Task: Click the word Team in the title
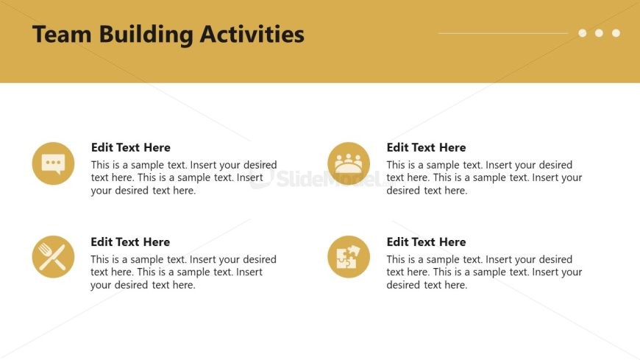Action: click(x=62, y=34)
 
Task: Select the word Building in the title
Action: click(x=146, y=35)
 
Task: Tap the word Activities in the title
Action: click(x=252, y=34)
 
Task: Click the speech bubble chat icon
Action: click(x=53, y=163)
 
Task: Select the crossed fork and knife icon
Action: click(x=53, y=257)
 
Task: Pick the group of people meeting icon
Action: click(x=349, y=163)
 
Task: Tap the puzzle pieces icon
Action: click(x=349, y=257)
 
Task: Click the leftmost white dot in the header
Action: click(x=583, y=33)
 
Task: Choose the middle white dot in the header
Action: click(x=599, y=33)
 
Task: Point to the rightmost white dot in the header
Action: click(x=616, y=33)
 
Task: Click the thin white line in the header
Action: click(x=503, y=33)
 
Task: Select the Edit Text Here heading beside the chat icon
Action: click(x=131, y=147)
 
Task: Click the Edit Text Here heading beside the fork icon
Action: click(x=130, y=242)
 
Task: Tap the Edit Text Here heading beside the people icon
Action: click(x=426, y=147)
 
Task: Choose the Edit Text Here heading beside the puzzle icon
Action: click(x=426, y=242)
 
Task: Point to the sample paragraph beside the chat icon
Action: click(x=184, y=177)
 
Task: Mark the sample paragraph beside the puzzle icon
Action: click(x=484, y=272)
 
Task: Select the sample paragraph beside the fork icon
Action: click(x=183, y=272)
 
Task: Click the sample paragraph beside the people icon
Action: click(x=484, y=177)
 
